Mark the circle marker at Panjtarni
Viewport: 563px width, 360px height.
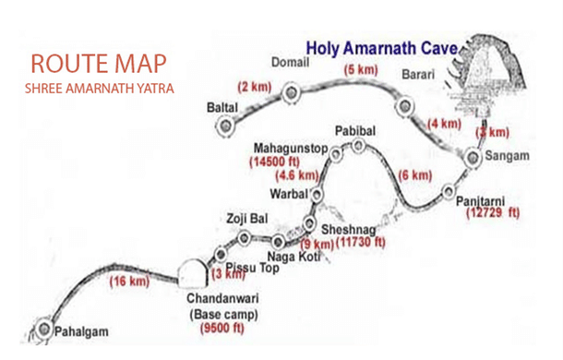pyautogui.click(x=449, y=194)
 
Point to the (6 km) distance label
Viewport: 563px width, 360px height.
pyautogui.click(x=414, y=175)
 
